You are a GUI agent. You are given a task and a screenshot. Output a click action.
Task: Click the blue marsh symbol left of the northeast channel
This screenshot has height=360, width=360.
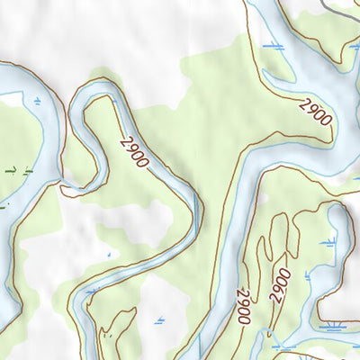pos(271,44)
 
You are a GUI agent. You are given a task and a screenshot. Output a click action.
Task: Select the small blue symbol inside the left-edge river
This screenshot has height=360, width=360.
pos(37,103)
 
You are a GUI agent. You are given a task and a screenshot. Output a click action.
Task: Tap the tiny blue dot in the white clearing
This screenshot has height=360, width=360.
pos(108,255)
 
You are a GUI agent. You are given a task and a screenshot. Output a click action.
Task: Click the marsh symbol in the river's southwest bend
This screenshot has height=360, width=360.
pos(90,292)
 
